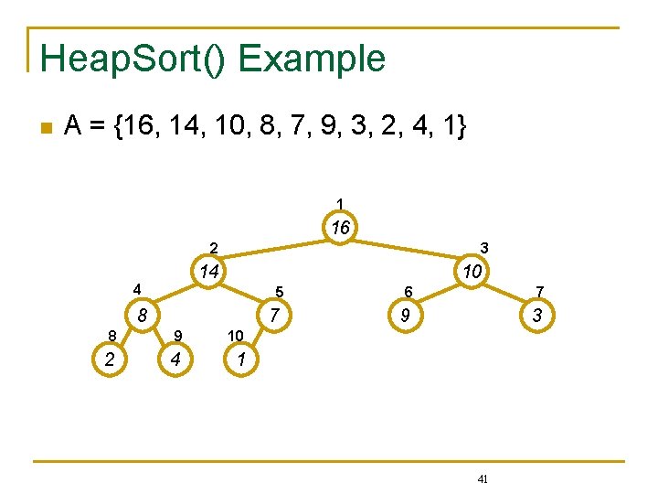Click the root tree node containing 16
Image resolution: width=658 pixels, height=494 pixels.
tap(340, 228)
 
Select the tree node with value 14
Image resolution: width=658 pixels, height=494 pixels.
tap(209, 272)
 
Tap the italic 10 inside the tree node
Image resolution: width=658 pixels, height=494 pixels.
tap(472, 272)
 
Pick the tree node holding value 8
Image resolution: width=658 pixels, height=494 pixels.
tap(142, 317)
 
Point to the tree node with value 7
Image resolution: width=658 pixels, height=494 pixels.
tap(272, 317)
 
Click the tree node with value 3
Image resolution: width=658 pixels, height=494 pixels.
tap(537, 317)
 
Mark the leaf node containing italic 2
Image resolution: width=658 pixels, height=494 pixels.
tap(110, 360)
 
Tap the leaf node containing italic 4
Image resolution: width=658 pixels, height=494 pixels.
tap(174, 360)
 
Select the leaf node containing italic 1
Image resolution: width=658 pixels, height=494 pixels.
tap(239, 360)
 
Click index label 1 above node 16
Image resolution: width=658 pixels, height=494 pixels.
tap(340, 203)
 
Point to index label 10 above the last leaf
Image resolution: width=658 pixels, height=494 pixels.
tap(235, 336)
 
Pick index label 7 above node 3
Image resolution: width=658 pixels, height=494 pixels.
tap(540, 292)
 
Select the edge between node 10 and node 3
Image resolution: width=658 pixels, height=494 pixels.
tap(508, 295)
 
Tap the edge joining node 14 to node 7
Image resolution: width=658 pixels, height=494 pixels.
tap(241, 295)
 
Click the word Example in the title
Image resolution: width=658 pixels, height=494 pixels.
tap(312, 59)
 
